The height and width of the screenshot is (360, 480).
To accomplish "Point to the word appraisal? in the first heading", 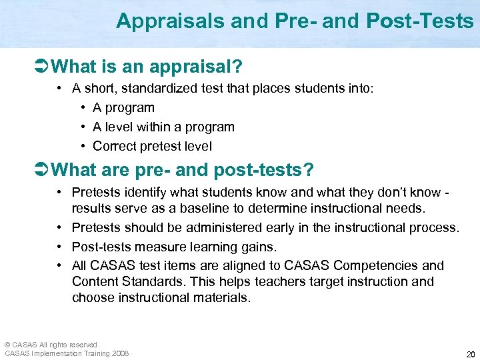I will [x=209, y=67].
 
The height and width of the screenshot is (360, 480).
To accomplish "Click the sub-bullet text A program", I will [x=123, y=107].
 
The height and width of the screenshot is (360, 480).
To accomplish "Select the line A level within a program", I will [x=163, y=127].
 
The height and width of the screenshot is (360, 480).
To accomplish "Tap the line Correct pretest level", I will [x=152, y=146].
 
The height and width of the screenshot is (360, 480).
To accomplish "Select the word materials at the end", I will [x=222, y=297].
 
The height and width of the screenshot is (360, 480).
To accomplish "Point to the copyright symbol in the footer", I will [x=8, y=345].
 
